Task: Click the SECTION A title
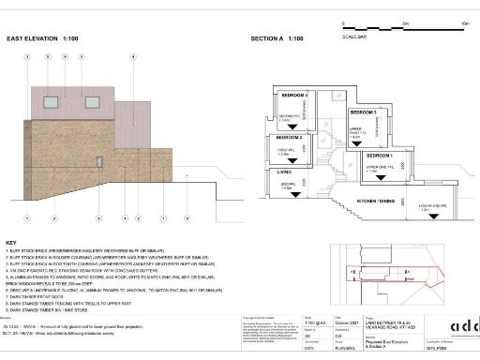coord(277,40)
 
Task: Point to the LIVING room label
coord(283,172)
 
